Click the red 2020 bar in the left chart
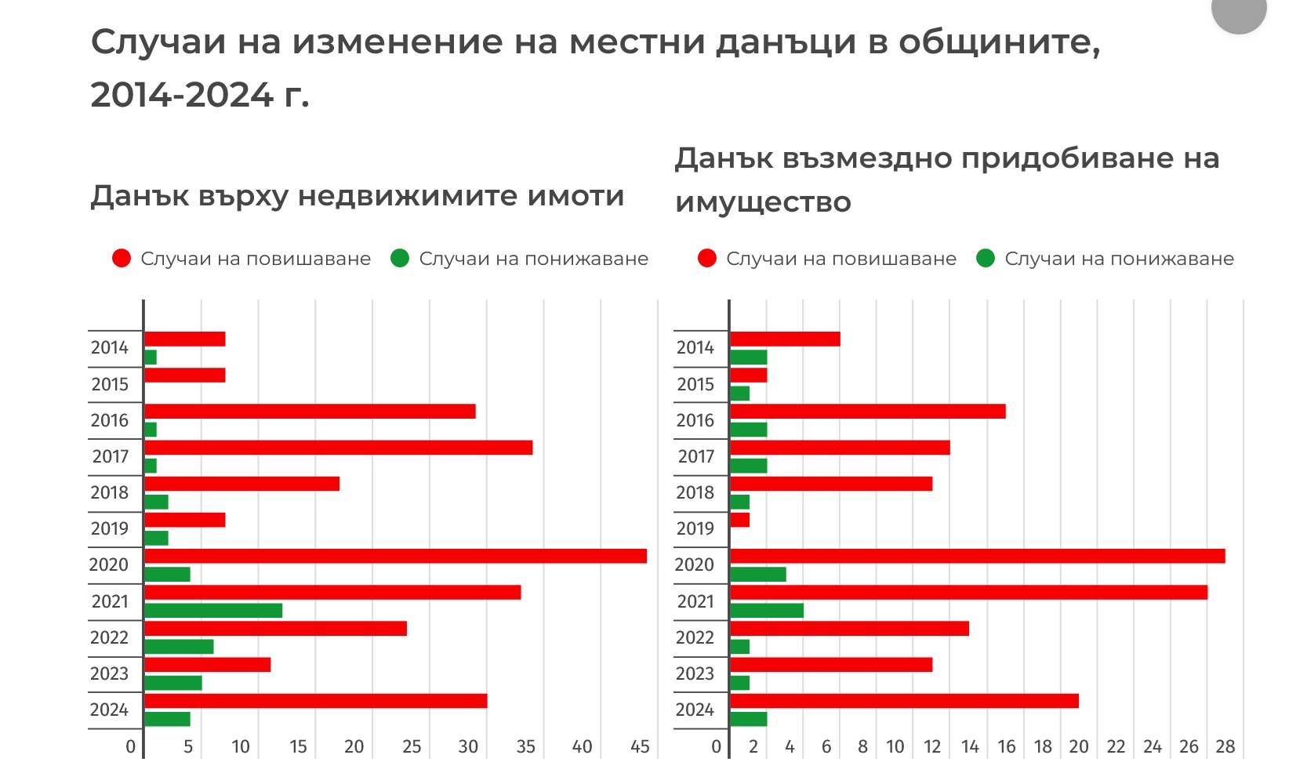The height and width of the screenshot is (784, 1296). coord(395,556)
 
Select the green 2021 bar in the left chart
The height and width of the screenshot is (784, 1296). coord(213,610)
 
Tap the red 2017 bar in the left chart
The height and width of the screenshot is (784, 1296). coord(338,448)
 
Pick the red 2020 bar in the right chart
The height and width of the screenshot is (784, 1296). coord(977,556)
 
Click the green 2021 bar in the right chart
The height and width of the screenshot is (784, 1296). coord(767,610)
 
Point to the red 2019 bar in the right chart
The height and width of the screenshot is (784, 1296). coord(739,520)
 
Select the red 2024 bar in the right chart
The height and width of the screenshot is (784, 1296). coord(904,701)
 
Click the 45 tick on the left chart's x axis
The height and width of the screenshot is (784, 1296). coord(640,746)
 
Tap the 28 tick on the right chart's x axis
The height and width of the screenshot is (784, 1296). coord(1225,746)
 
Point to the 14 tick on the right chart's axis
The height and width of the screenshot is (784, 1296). coord(970,746)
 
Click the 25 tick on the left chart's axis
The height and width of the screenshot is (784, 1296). coord(412,746)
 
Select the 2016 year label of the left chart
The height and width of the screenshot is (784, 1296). coord(109,420)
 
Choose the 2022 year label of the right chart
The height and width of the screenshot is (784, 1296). coord(695,637)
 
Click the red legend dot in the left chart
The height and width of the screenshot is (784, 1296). coord(122,259)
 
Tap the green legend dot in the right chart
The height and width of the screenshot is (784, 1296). coord(986,259)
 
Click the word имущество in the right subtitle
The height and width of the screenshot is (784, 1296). coord(762,202)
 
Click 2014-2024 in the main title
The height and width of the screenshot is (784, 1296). coord(182,94)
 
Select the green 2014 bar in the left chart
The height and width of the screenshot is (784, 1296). coord(151,358)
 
